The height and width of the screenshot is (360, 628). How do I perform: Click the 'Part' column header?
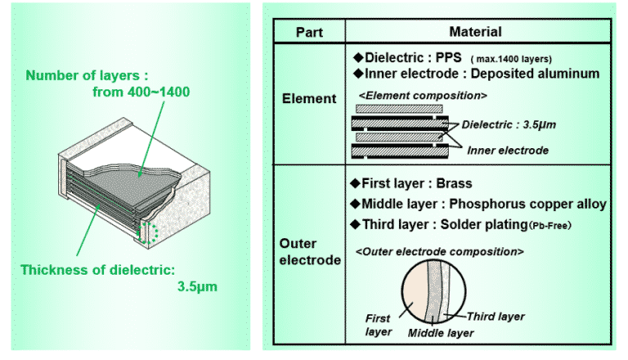[x=308, y=33]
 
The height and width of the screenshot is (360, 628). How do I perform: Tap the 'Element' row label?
[x=308, y=98]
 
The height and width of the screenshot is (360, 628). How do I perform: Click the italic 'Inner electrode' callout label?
[x=508, y=151]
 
